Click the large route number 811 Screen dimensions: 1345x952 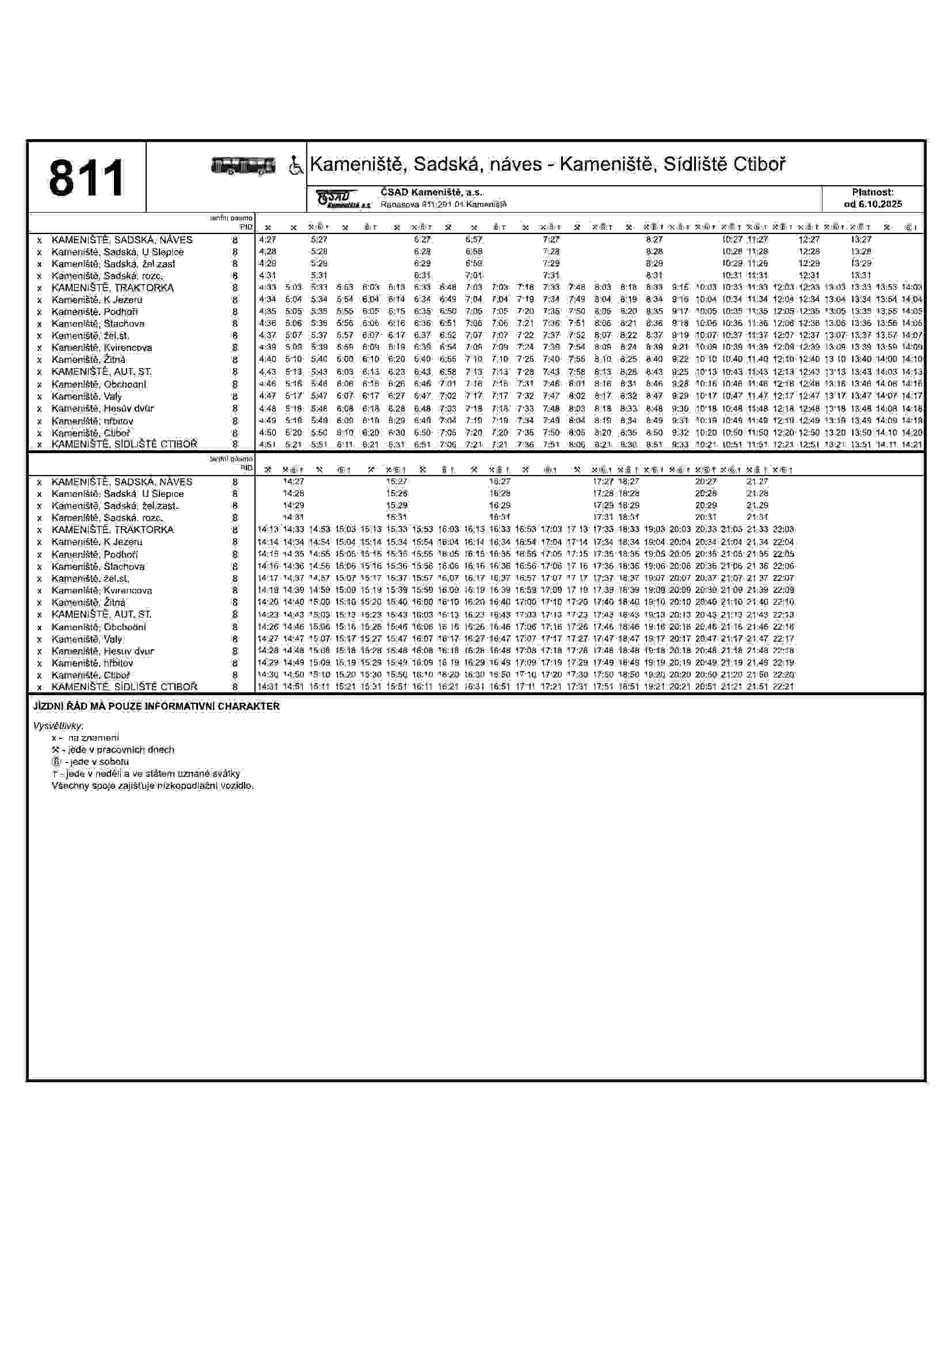(86, 178)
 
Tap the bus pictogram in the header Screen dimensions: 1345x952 (243, 166)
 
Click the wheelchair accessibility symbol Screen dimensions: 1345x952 (296, 166)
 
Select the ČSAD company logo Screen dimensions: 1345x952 (342, 199)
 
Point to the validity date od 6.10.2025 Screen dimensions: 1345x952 (873, 204)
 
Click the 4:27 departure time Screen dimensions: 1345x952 (267, 240)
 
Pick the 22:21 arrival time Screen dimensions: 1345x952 (783, 687)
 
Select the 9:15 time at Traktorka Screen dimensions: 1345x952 (680, 288)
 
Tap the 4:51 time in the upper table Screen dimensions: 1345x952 (267, 444)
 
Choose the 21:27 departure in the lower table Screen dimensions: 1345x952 (757, 481)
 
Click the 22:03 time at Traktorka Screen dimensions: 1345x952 (783, 530)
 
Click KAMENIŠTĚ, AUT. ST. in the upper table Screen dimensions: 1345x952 (101, 372)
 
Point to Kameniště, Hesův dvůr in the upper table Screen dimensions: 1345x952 (102, 408)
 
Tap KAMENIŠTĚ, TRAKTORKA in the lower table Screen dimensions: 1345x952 (113, 530)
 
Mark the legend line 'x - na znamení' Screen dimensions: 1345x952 (85, 738)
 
